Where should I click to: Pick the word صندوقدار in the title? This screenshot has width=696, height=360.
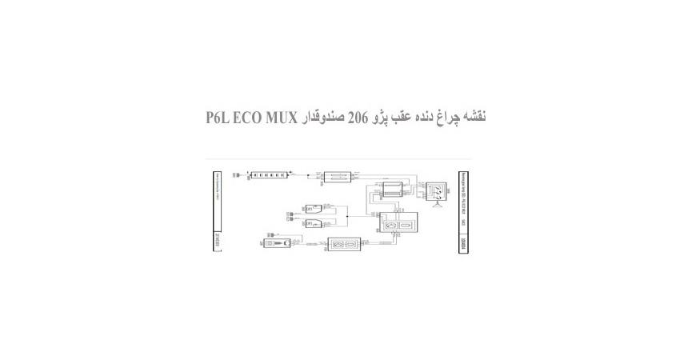[x=322, y=117]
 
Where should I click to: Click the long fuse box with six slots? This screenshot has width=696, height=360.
[x=267, y=174]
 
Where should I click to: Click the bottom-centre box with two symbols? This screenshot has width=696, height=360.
[x=345, y=245]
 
